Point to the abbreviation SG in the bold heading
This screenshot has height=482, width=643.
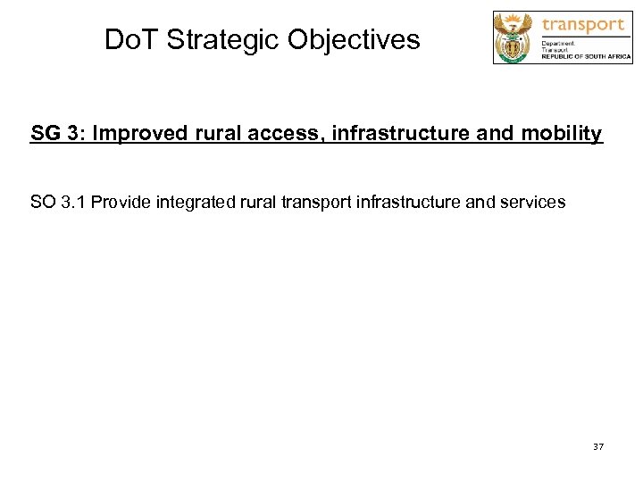[45, 134]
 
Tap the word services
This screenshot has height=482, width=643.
[532, 202]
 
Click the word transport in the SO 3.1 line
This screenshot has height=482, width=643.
[318, 202]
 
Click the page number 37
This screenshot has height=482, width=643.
[597, 445]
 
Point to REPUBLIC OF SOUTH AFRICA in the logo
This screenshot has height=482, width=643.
[586, 56]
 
